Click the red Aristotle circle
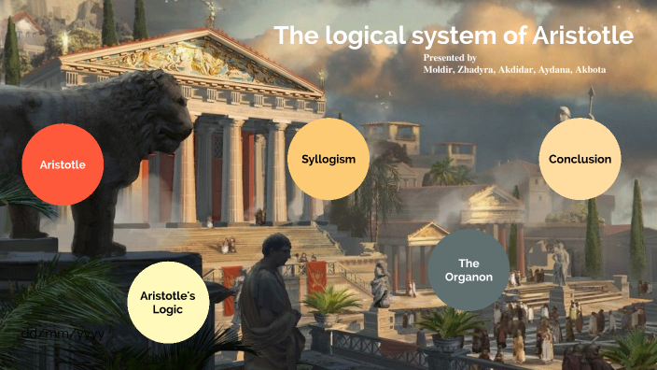tap(63, 164)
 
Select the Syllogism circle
tap(328, 159)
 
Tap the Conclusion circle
tap(580, 159)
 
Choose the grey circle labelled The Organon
tap(468, 270)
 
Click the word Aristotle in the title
tap(581, 36)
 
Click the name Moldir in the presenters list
tap(430, 70)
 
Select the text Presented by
tap(449, 58)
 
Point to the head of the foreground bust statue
tap(276, 251)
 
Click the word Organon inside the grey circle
tap(468, 277)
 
